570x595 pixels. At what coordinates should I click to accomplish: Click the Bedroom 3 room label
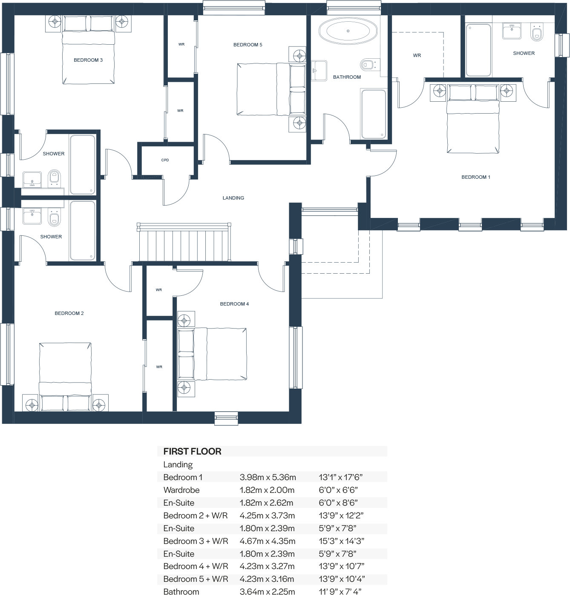click(x=88, y=60)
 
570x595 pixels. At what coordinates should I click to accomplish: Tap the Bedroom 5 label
click(x=248, y=45)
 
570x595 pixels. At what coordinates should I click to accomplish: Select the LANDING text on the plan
click(x=233, y=198)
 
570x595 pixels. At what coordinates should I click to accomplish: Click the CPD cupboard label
click(x=165, y=160)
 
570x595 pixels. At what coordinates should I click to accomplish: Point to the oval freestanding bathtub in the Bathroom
click(x=348, y=31)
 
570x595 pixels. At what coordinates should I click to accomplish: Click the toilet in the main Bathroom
click(x=368, y=65)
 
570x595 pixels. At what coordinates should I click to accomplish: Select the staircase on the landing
click(x=184, y=243)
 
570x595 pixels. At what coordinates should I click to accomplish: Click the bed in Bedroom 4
click(x=212, y=354)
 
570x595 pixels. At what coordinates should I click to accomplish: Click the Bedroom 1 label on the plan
click(x=476, y=177)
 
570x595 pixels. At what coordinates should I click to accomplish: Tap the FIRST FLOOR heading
click(x=192, y=452)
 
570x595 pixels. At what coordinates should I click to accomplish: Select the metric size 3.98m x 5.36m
click(x=268, y=477)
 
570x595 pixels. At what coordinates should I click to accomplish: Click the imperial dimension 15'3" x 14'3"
click(x=341, y=541)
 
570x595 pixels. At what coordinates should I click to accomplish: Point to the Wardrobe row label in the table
click(x=181, y=490)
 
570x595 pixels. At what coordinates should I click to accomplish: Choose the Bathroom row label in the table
click(x=181, y=591)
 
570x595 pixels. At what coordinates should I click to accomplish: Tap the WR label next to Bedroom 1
click(x=417, y=55)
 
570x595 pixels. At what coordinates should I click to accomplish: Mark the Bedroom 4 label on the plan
click(x=234, y=304)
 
